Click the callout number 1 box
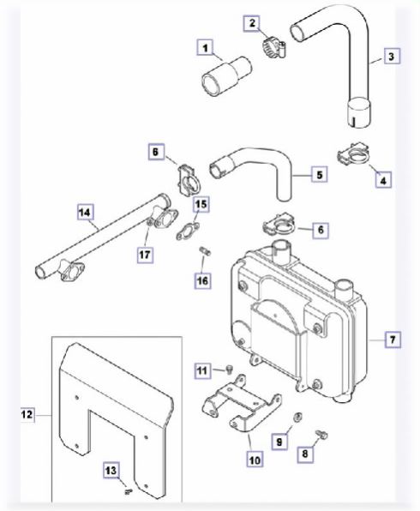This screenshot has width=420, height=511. click(205, 48)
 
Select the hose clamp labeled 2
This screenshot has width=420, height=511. click(273, 47)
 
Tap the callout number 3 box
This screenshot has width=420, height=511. click(391, 56)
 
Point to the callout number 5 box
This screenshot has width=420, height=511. click(320, 174)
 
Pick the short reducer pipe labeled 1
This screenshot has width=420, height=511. click(227, 76)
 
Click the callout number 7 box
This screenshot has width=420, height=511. click(393, 340)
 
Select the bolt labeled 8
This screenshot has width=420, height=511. click(321, 434)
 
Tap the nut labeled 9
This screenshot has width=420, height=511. click(297, 417)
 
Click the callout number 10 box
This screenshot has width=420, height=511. click(255, 460)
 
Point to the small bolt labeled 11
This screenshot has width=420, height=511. click(230, 370)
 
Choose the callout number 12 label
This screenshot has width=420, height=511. click(27, 414)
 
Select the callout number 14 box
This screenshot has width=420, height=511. click(85, 212)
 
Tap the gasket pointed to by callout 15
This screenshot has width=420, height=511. click(188, 231)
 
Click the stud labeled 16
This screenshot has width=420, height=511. click(205, 251)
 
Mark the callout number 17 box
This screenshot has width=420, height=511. click(145, 254)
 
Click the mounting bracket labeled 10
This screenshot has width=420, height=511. click(241, 404)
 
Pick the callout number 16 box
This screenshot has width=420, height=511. click(202, 280)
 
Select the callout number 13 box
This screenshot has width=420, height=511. click(111, 470)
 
